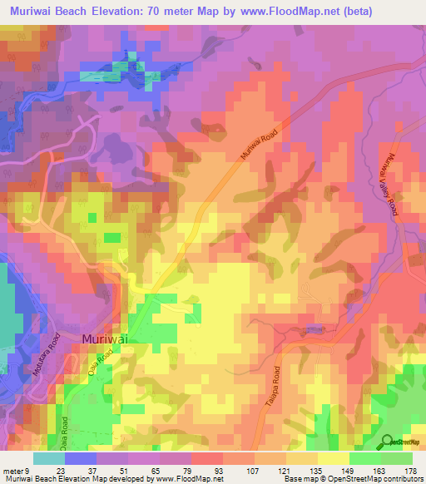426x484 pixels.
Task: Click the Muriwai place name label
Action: (108, 338)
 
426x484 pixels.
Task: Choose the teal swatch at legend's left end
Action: (49, 458)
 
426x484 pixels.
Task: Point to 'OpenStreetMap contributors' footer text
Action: (374, 478)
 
